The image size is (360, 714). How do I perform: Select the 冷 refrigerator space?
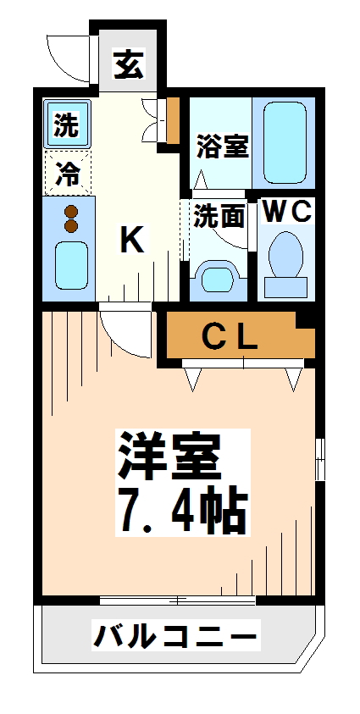click(x=68, y=174)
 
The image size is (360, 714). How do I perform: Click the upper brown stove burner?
click(x=71, y=212)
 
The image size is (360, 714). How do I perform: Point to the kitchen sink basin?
click(x=71, y=264)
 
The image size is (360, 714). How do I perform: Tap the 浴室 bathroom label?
click(x=223, y=145)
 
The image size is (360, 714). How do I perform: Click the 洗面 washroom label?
click(x=219, y=217)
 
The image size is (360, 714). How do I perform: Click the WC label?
click(x=287, y=212)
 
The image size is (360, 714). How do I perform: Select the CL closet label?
click(x=229, y=337)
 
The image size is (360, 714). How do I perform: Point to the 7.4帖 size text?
click(x=181, y=507)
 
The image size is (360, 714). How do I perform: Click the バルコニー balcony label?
click(x=174, y=635)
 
